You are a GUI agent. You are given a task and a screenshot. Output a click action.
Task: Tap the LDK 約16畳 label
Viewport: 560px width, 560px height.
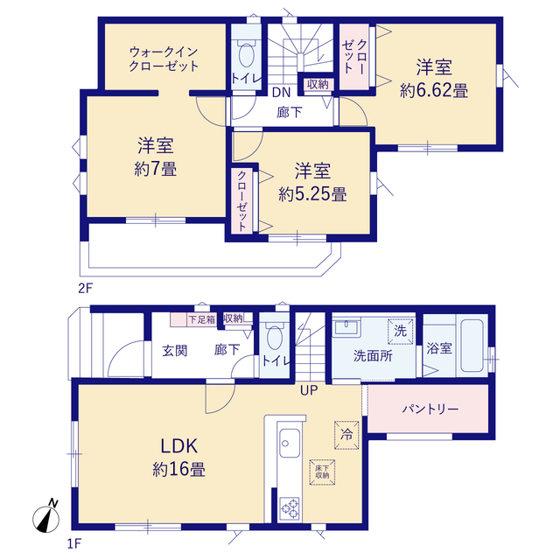click(178, 458)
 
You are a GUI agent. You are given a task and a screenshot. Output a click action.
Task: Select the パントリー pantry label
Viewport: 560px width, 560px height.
click(430, 409)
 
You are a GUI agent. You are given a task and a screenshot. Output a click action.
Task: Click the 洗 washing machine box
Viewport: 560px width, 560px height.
click(401, 332)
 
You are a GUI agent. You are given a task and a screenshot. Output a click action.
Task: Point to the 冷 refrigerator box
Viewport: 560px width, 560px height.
click(346, 435)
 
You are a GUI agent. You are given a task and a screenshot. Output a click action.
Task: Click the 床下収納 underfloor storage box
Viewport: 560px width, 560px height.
click(322, 472)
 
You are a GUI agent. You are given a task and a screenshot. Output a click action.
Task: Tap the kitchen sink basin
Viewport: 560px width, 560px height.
click(290, 443)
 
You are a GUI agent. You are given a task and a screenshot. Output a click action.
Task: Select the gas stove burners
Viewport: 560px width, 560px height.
click(290, 508)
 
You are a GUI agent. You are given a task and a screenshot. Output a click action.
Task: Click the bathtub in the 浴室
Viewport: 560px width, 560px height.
click(472, 346)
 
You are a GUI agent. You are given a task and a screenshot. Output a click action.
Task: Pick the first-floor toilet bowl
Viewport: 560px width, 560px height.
click(274, 337)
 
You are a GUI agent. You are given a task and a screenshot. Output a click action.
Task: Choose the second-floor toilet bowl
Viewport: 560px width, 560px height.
click(246, 54)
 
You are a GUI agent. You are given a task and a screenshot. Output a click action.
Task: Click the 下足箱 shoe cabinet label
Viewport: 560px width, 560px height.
click(202, 319)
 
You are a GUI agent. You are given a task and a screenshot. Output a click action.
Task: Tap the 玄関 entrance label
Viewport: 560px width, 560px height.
click(175, 351)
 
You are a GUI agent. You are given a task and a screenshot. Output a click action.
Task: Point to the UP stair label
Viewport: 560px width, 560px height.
click(309, 390)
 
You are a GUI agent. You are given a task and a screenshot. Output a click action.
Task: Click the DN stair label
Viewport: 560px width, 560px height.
click(282, 93)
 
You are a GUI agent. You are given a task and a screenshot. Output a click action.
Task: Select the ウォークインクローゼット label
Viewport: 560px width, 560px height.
click(164, 59)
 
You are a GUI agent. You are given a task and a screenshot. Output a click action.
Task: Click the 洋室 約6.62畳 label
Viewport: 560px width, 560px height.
click(434, 78)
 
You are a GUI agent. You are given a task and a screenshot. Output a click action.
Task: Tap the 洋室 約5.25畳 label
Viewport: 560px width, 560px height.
click(312, 182)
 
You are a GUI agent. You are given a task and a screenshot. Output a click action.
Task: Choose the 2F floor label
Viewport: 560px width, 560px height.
click(86, 288)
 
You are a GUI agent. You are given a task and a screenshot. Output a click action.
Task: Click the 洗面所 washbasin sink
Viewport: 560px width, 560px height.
click(346, 327)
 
